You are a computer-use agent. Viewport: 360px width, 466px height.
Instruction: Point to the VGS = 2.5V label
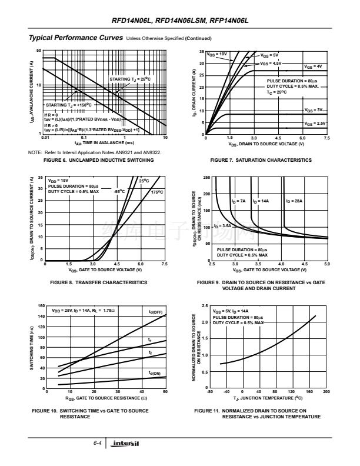click(315, 123)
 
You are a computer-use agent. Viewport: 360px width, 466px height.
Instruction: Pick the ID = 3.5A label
click(222, 225)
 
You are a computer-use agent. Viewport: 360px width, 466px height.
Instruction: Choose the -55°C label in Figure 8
click(120, 191)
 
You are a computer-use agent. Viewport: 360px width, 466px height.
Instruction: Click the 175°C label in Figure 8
click(156, 192)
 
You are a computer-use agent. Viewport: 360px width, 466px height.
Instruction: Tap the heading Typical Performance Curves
click(75, 38)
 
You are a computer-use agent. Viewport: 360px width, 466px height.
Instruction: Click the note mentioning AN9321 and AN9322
click(95, 152)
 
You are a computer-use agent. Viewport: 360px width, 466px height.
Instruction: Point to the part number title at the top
click(180, 21)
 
